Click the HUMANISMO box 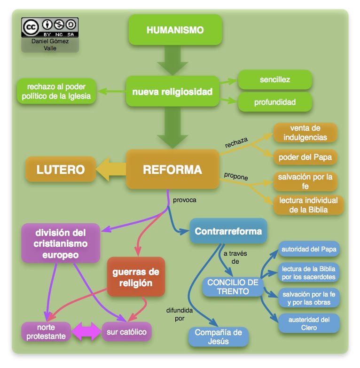(x=175, y=30)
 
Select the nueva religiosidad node (x=172, y=91)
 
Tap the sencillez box (x=275, y=79)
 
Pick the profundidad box (x=275, y=102)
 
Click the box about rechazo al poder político (x=56, y=92)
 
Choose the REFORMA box (x=172, y=170)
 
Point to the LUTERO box (x=61, y=170)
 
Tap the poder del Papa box (x=305, y=157)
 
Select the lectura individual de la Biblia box (x=308, y=205)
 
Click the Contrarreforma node (x=228, y=231)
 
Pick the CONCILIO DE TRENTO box (x=233, y=287)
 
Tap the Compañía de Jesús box (x=218, y=337)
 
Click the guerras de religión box (x=135, y=277)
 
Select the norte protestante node (x=46, y=332)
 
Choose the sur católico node (x=126, y=332)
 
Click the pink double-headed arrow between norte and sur (x=86, y=332)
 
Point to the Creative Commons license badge (x=50, y=27)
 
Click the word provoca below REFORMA (x=184, y=200)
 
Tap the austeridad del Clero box (x=308, y=323)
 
